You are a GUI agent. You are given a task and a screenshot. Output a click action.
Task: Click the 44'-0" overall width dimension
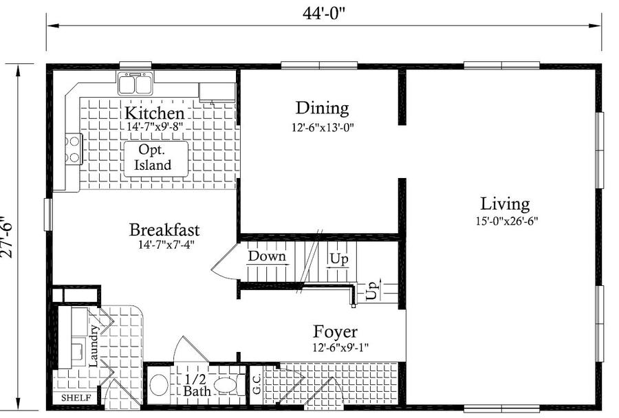tap(324, 13)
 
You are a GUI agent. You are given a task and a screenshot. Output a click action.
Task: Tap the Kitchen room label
tap(154, 113)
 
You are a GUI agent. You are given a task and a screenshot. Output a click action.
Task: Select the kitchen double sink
tap(135, 84)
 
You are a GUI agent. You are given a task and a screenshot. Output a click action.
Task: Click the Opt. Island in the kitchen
tap(156, 159)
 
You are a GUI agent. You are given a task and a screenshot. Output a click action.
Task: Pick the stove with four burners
tap(74, 149)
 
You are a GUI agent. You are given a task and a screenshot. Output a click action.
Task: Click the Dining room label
tap(322, 108)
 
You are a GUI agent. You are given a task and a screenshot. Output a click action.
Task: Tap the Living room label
tap(505, 204)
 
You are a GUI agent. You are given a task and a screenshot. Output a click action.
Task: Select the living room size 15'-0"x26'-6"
tap(507, 221)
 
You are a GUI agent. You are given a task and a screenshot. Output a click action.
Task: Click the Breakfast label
tap(164, 230)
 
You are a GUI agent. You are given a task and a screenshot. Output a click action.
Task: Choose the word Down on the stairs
tap(267, 256)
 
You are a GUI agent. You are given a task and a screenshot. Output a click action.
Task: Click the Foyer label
tap(335, 332)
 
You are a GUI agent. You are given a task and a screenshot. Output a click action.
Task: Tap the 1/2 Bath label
tap(196, 385)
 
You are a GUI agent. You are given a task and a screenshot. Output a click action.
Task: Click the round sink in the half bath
tap(158, 386)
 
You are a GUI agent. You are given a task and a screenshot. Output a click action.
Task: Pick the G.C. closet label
tap(257, 384)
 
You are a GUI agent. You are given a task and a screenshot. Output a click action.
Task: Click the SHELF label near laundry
tap(76, 398)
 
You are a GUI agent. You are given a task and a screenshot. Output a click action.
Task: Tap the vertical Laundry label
tap(94, 345)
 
